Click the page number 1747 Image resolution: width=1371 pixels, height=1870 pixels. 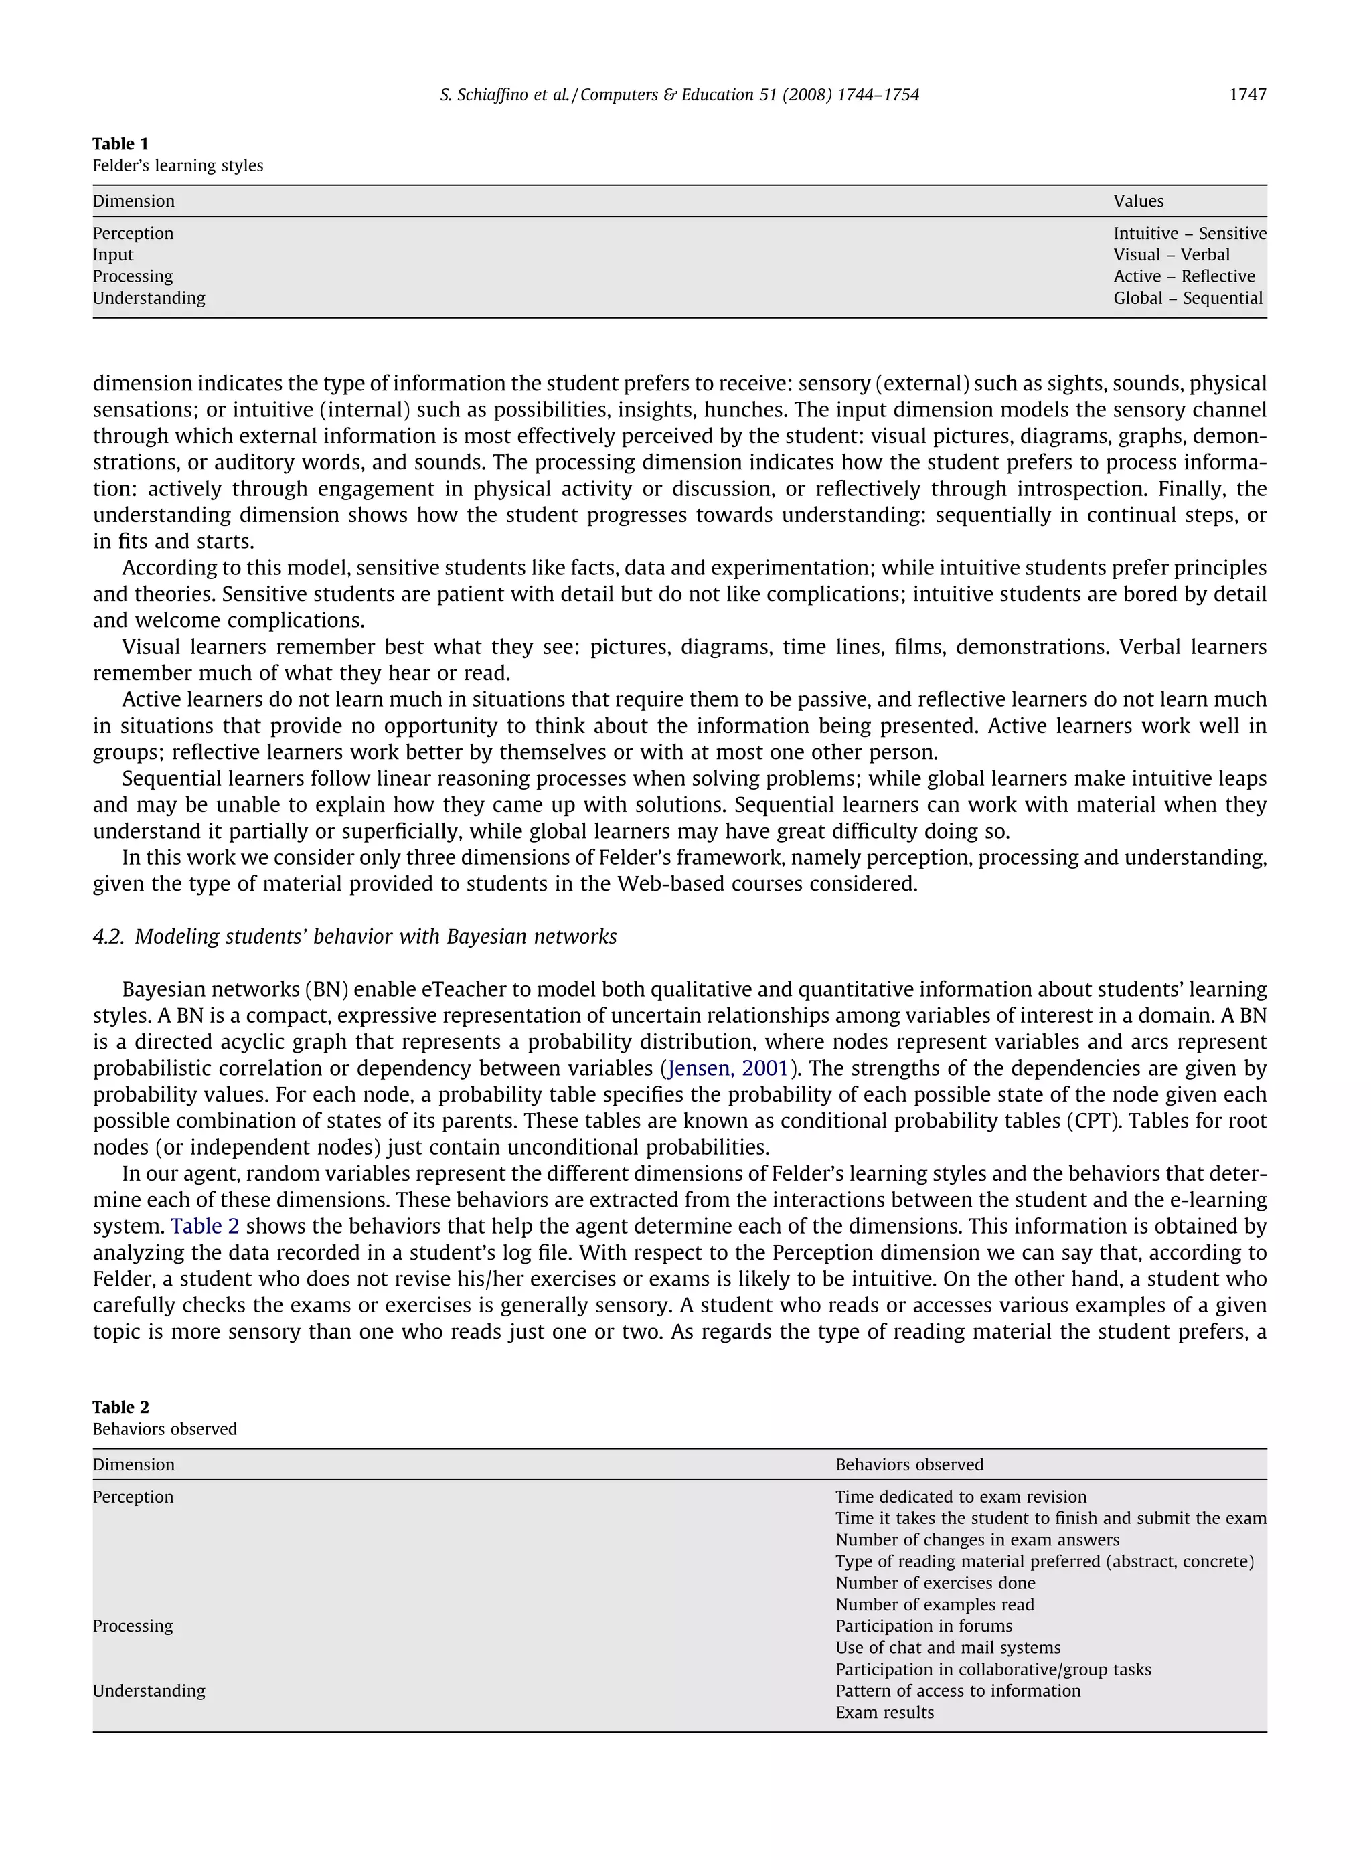(x=1246, y=94)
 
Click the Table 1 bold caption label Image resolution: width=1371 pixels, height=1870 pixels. (x=120, y=143)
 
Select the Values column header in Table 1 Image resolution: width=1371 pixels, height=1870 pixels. (x=1138, y=201)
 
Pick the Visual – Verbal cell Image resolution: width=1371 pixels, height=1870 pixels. (x=1171, y=255)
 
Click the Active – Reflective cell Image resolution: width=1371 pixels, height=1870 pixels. (x=1184, y=276)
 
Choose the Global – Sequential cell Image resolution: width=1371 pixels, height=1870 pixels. (x=1188, y=298)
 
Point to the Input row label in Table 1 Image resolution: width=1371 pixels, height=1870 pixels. (x=113, y=255)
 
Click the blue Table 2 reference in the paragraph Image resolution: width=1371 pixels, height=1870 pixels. (x=205, y=1226)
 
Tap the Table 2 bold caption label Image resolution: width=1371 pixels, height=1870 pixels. (x=120, y=1407)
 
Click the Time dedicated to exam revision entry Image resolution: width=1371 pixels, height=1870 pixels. (x=960, y=1497)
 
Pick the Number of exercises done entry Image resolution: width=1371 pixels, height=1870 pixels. (x=935, y=1583)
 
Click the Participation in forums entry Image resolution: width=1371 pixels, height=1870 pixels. (x=923, y=1626)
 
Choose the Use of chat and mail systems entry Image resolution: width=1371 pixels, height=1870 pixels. (x=947, y=1648)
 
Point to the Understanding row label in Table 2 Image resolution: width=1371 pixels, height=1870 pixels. (x=149, y=1691)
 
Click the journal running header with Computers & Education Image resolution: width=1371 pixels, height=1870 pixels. (x=679, y=94)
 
